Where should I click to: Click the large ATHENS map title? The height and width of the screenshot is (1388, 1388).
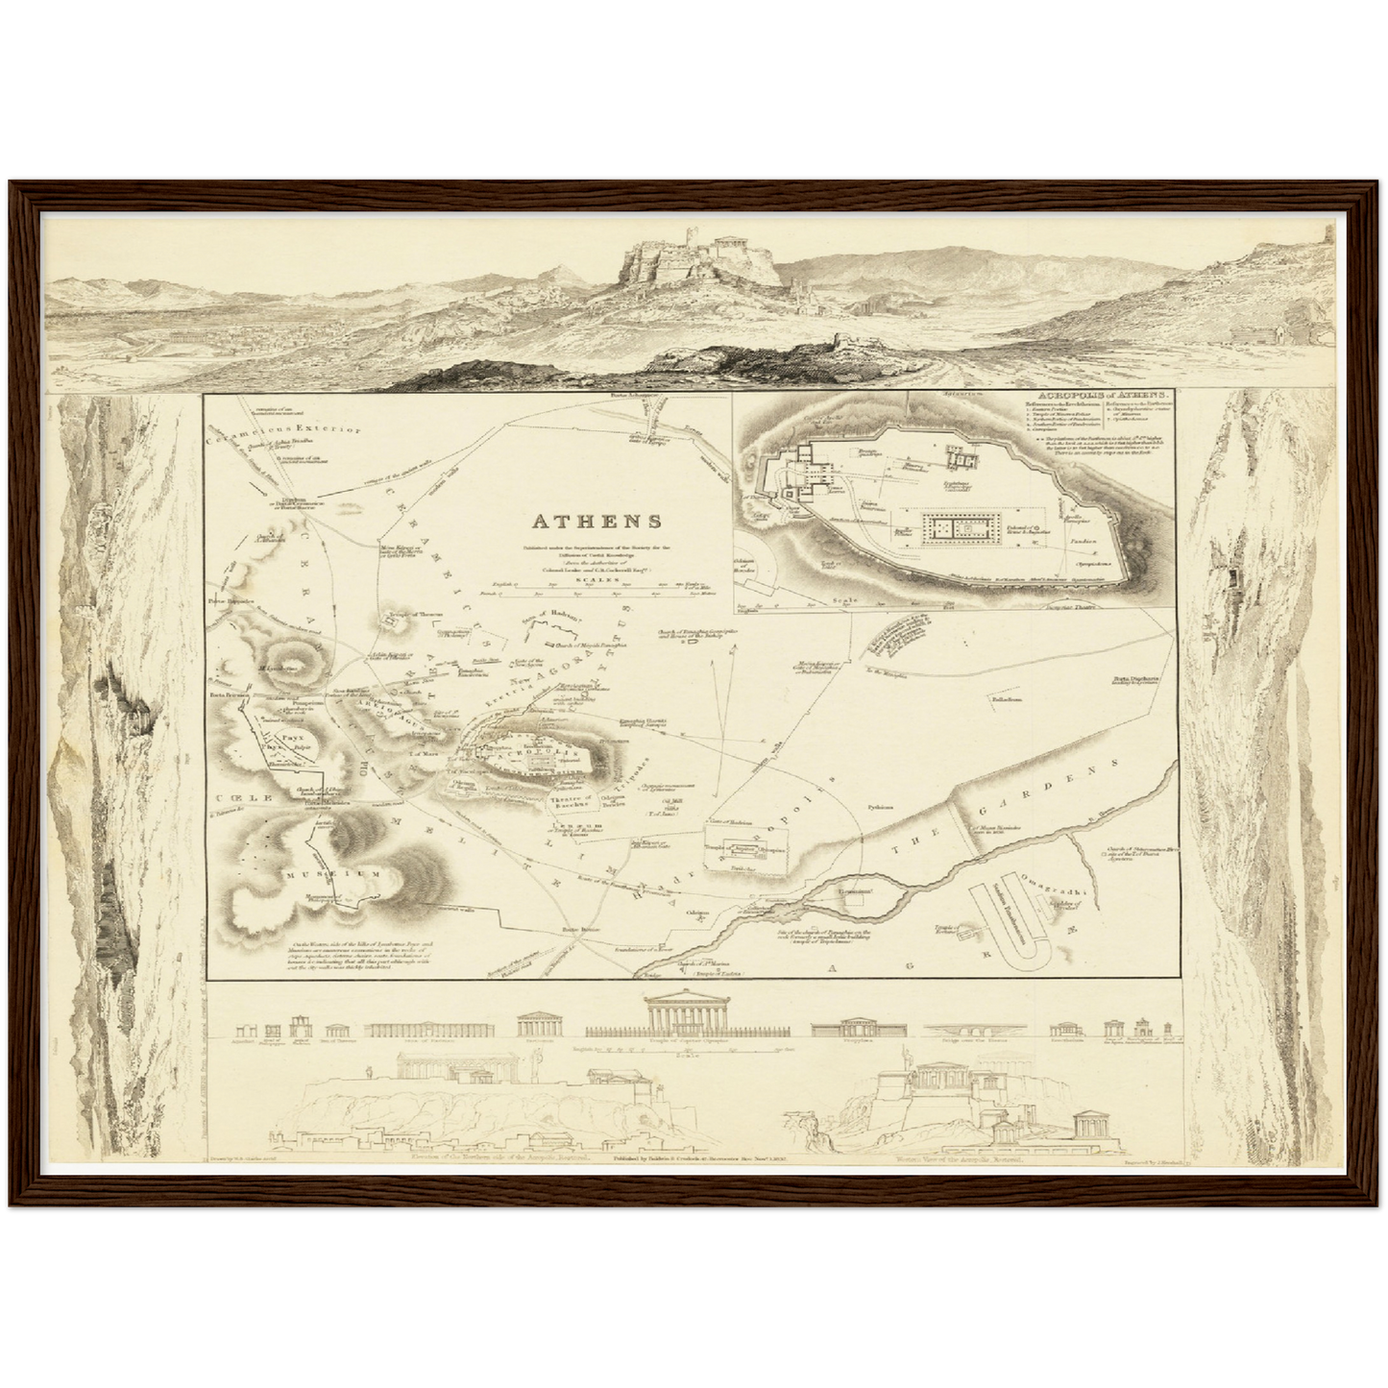click(597, 523)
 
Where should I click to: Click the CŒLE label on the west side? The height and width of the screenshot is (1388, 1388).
click(234, 798)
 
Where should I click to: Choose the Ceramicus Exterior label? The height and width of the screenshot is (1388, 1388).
click(289, 429)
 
